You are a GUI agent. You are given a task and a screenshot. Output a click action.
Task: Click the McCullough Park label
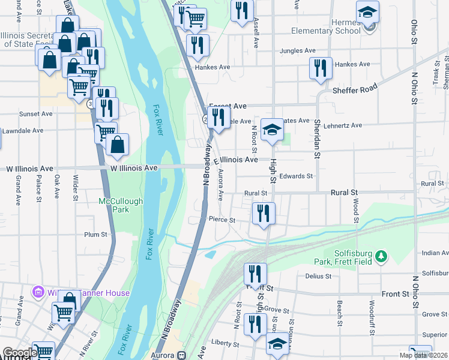tap(121, 206)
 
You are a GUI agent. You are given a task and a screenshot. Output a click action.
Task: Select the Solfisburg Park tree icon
tap(380, 257)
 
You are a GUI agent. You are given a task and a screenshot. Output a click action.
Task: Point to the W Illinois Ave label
tap(134, 169)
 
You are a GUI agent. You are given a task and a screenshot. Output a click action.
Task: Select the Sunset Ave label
tap(35, 114)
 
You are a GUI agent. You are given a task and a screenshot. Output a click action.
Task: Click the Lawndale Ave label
tap(23, 130)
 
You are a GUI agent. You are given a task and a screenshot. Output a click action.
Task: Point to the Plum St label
tap(95, 235)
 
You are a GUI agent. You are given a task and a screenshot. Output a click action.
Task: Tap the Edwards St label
tap(297, 176)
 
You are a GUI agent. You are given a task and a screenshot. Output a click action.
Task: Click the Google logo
tap(19, 353)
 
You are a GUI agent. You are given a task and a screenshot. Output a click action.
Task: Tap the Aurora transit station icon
tap(181, 355)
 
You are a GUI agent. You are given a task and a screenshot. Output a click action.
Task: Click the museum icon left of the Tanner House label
tap(39, 293)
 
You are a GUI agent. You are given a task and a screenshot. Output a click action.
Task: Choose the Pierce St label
tap(222, 220)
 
